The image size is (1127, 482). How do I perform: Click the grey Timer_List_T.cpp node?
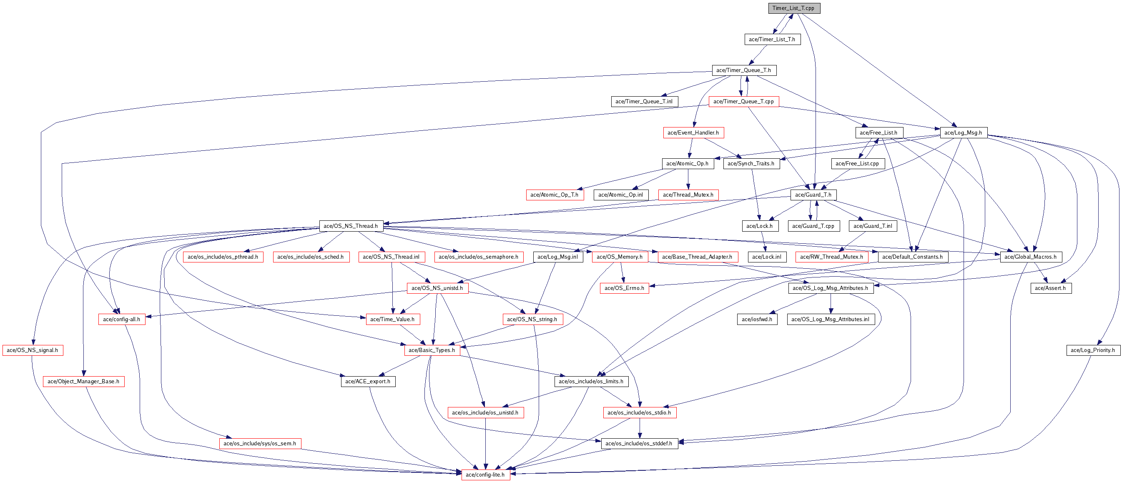click(793, 8)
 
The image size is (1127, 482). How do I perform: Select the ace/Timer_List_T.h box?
click(772, 39)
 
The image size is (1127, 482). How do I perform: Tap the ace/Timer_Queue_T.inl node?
click(644, 101)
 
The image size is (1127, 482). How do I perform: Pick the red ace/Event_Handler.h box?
click(693, 132)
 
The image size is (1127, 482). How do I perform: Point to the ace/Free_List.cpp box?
click(857, 163)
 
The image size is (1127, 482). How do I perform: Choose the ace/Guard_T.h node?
click(813, 195)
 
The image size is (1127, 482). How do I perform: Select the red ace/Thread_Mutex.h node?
click(688, 195)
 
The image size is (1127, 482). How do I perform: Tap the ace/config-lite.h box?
click(485, 475)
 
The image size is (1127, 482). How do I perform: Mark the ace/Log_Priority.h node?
click(1093, 350)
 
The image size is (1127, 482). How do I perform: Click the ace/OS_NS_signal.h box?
click(33, 350)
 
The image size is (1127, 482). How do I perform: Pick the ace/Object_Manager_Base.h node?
click(83, 381)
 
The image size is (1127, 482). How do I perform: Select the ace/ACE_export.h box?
click(368, 381)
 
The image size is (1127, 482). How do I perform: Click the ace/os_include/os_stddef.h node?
click(639, 443)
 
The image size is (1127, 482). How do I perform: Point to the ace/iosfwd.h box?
click(757, 319)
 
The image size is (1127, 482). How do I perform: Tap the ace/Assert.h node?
click(1050, 288)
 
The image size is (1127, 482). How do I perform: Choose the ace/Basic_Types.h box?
click(432, 350)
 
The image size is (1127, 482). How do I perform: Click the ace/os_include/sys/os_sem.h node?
click(260, 443)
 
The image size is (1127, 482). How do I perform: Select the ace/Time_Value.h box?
click(392, 319)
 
